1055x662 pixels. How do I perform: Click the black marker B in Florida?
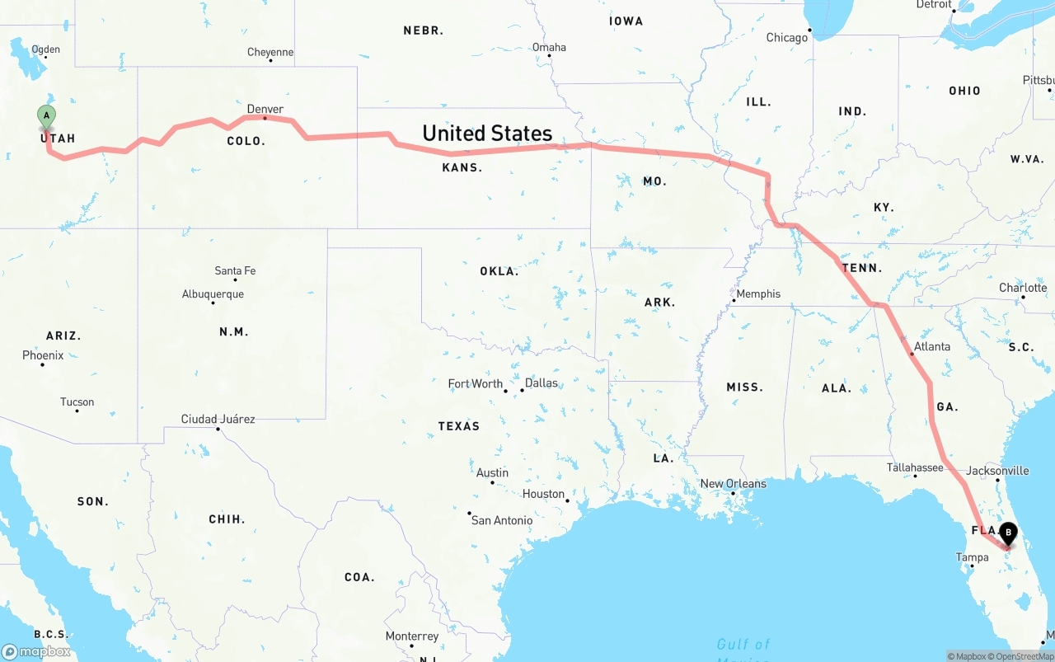coord(1007,534)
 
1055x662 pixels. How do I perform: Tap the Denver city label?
coord(265,109)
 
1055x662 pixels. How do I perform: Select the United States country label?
coord(487,133)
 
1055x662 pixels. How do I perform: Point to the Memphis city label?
coord(757,293)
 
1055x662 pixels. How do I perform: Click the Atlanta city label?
coord(931,346)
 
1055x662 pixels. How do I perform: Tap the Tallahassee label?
coord(915,467)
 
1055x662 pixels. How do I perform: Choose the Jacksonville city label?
coord(997,471)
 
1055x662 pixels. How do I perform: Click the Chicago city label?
coord(786,37)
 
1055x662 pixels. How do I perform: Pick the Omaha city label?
coord(549,47)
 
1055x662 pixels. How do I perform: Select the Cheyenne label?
coord(270,52)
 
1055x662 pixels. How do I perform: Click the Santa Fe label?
coord(235,270)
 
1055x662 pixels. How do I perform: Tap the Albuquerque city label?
coord(213,294)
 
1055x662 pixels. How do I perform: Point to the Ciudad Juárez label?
coord(218,419)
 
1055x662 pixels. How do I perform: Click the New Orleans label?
coord(733,483)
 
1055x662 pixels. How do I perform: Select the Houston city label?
coord(543,494)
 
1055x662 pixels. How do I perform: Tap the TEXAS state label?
coord(459,426)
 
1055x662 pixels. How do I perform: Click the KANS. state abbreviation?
coord(462,167)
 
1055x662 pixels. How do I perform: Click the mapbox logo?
coord(36,651)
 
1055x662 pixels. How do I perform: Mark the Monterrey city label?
coord(412,636)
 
